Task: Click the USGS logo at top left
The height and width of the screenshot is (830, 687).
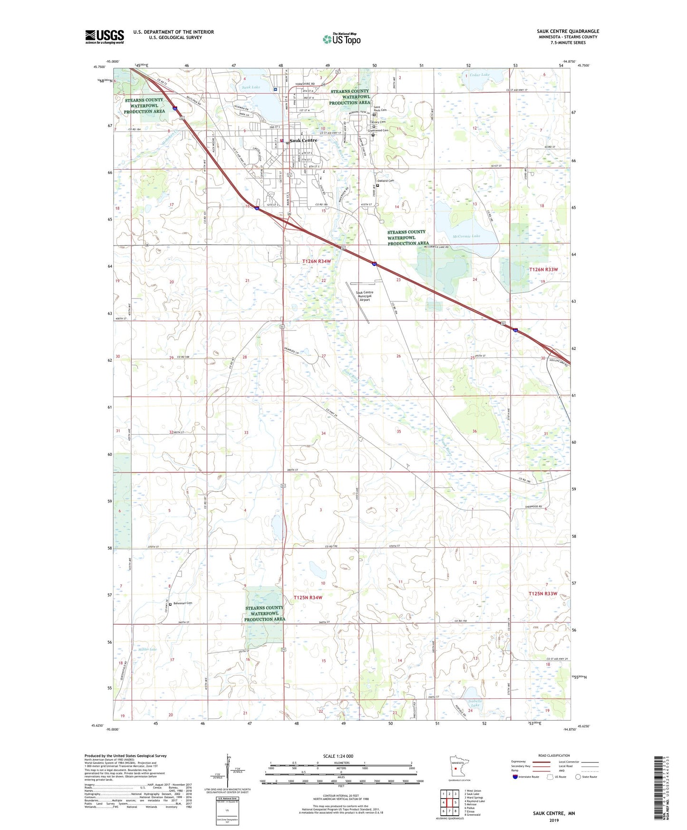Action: click(105, 37)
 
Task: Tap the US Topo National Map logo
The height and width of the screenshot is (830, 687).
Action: click(341, 39)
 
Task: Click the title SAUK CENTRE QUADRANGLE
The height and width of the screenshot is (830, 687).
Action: click(568, 31)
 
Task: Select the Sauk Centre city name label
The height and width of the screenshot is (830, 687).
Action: click(303, 141)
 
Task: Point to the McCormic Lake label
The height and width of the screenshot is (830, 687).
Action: click(466, 236)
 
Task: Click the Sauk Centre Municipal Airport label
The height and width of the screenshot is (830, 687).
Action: click(365, 296)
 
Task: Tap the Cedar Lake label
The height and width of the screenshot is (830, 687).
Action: click(479, 75)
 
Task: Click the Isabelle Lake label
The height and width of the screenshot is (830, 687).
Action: click(475, 704)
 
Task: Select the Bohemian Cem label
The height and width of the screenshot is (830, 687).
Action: click(183, 603)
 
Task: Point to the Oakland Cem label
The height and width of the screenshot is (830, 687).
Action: click(386, 181)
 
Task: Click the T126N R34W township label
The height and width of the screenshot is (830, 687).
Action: click(316, 261)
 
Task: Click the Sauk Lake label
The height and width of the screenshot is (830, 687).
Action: click(251, 87)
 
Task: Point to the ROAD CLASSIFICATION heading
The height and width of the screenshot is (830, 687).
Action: click(554, 755)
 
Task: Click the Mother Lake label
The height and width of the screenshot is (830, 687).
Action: click(147, 649)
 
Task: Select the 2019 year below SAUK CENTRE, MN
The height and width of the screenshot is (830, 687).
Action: click(553, 820)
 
